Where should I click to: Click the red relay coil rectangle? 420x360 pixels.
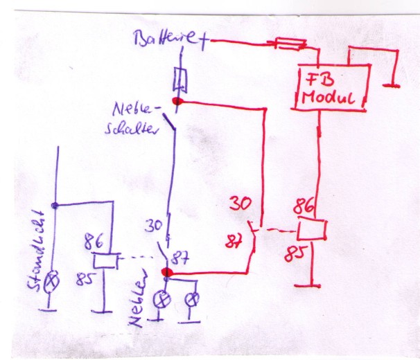point(311,229)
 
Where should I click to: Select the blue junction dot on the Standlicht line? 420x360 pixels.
point(54,205)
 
